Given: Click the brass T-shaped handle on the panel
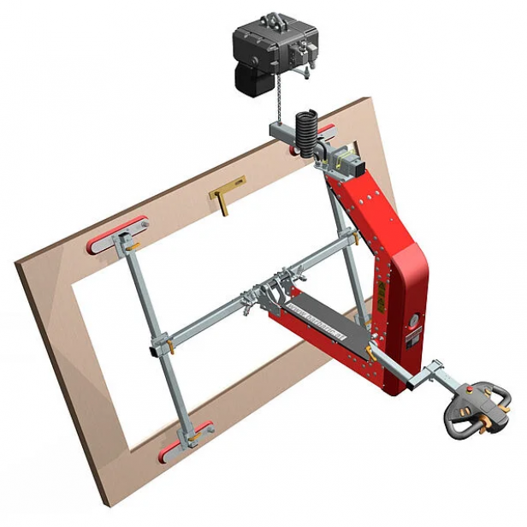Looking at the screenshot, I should [x=225, y=193].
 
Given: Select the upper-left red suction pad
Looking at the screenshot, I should [x=116, y=233].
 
